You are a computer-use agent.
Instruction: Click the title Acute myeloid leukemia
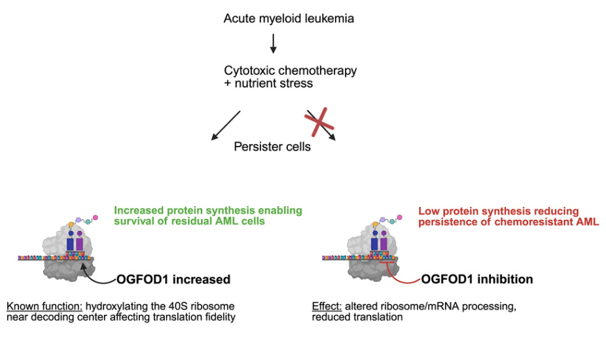pos(289,18)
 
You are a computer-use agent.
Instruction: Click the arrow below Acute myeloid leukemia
pos(274,43)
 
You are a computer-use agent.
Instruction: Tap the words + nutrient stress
pos(268,83)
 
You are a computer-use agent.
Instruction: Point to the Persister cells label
pos(272,147)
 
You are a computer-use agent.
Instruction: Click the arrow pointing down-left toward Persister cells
pos(226,125)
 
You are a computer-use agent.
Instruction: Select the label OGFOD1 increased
pos(173,279)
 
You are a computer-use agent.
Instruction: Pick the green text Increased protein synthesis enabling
pos(208,211)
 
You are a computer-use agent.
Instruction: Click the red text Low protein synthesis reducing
pos(499,211)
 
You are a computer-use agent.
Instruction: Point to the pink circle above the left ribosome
pos(96,217)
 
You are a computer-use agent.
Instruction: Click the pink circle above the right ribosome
pos(400,217)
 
